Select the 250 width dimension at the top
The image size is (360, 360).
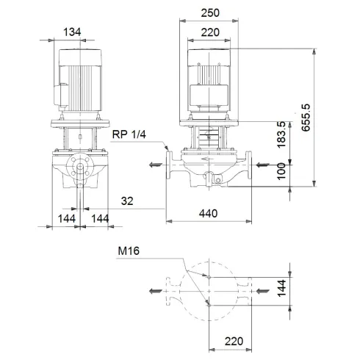[211, 14]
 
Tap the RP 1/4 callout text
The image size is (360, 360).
[129, 135]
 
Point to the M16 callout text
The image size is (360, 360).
[129, 251]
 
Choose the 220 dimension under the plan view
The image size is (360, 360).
[234, 342]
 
